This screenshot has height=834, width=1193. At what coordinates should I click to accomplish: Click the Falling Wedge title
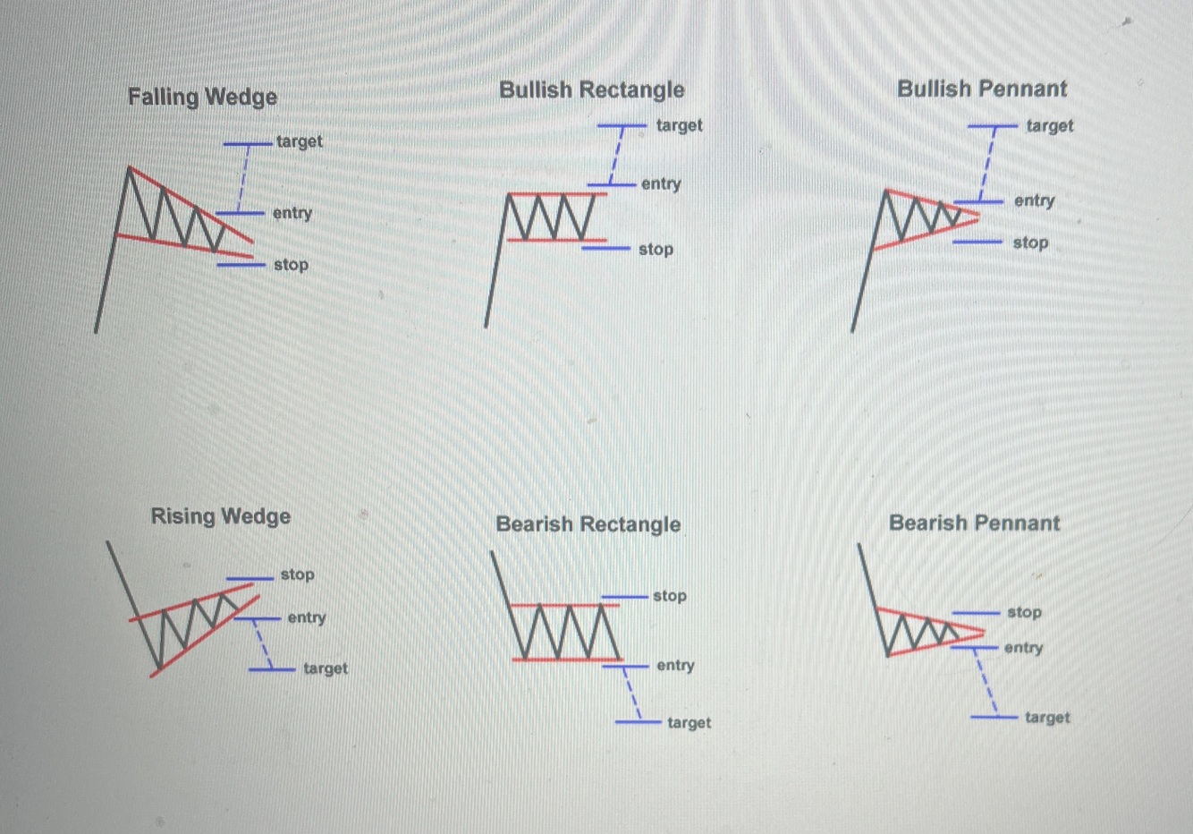pyautogui.click(x=202, y=97)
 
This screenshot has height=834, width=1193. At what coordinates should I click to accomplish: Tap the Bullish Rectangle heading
pyautogui.click(x=591, y=89)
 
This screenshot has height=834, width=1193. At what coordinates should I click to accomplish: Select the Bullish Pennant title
pyautogui.click(x=982, y=89)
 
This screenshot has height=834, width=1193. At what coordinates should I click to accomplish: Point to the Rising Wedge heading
pyautogui.click(x=220, y=516)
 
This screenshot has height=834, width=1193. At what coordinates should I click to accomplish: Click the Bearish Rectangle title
pyautogui.click(x=588, y=524)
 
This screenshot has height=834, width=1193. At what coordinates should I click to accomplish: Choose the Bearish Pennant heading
pyautogui.click(x=974, y=523)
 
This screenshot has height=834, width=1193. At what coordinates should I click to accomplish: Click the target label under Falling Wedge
pyautogui.click(x=299, y=141)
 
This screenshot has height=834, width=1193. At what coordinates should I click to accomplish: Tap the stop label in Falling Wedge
pyautogui.click(x=291, y=265)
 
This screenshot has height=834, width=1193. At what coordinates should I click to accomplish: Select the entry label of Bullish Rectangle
pyautogui.click(x=661, y=184)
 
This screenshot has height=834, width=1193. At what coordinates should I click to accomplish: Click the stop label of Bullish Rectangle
pyautogui.click(x=656, y=250)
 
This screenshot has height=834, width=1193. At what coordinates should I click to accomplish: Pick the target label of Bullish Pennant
pyautogui.click(x=1050, y=126)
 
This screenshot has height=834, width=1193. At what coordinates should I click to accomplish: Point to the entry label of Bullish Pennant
pyautogui.click(x=1034, y=201)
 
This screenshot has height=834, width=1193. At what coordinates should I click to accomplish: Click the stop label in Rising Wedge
pyautogui.click(x=297, y=574)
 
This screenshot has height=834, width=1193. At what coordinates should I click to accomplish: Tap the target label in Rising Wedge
pyautogui.click(x=325, y=668)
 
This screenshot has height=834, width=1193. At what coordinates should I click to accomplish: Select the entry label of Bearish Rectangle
pyautogui.click(x=675, y=666)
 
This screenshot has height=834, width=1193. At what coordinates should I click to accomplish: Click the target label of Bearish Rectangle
pyautogui.click(x=689, y=723)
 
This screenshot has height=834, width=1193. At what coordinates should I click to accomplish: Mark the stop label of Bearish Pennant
pyautogui.click(x=1024, y=613)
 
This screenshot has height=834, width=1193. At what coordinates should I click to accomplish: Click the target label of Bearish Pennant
pyautogui.click(x=1046, y=718)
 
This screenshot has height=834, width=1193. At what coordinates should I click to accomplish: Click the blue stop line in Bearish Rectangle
pyautogui.click(x=624, y=596)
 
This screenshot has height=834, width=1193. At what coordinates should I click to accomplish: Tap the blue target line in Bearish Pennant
pyautogui.click(x=994, y=717)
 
